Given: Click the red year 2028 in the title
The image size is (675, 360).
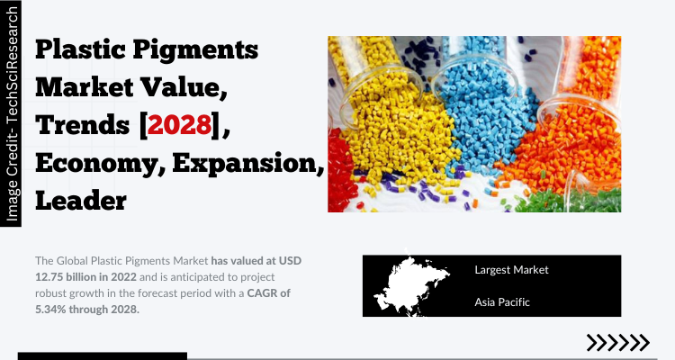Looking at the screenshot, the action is [179, 125].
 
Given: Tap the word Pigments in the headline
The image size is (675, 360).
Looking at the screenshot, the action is [195, 50].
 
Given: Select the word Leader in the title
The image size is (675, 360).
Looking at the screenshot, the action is [81, 201].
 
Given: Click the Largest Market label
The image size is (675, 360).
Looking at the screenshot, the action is [511, 270].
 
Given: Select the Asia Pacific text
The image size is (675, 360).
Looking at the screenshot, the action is [502, 302].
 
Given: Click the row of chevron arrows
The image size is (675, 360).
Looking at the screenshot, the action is [618, 343].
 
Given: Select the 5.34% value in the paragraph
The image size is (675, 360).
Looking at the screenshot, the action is [50, 310].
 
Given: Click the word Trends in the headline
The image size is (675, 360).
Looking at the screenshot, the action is [82, 125].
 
